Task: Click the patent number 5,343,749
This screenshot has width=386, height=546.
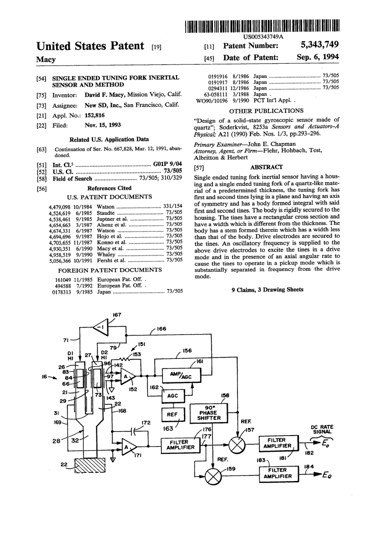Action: click(320, 45)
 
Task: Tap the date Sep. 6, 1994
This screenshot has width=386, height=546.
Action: click(318, 57)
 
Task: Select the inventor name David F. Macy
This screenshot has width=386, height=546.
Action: click(105, 95)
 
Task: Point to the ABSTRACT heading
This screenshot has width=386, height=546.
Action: click(266, 167)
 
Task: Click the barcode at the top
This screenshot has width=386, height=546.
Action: click(262, 26)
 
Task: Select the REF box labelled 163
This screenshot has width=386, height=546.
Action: click(172, 414)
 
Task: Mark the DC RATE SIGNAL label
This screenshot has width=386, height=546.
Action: click(322, 429)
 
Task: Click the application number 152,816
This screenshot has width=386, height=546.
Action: click(94, 115)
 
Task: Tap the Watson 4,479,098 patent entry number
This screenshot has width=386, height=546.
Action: click(60, 207)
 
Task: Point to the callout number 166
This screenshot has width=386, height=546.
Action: click(161, 328)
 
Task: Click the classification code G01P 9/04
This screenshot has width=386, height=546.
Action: click(167, 164)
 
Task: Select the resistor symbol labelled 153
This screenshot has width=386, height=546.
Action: click(124, 359)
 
